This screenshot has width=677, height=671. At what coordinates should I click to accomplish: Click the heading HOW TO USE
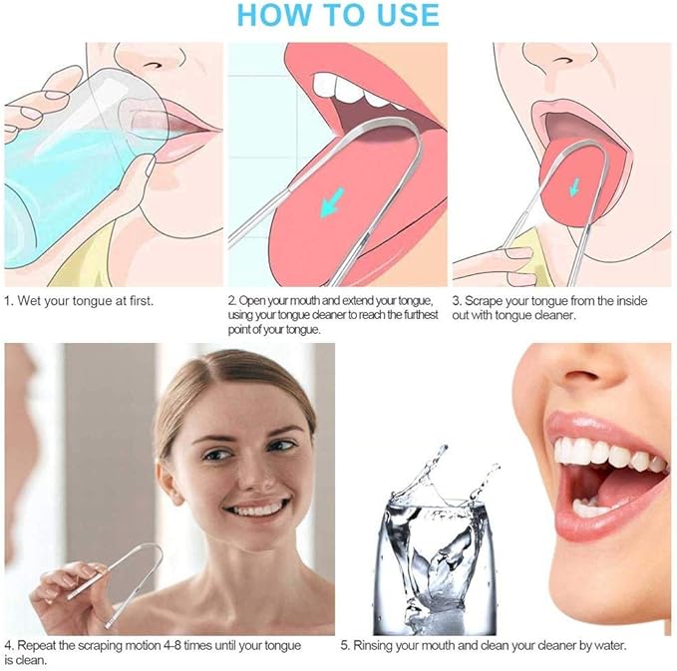click(x=338, y=15)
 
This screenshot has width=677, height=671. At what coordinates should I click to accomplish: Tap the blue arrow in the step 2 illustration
click(x=332, y=201)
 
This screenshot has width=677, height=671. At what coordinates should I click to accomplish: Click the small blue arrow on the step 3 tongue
click(x=574, y=186)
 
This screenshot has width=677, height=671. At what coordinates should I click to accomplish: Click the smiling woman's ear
click(x=168, y=482)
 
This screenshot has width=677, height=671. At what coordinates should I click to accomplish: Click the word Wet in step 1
click(x=29, y=300)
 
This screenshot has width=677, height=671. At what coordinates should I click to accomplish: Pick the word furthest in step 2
click(x=422, y=315)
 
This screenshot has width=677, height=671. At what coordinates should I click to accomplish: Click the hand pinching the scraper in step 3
click(x=497, y=263)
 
